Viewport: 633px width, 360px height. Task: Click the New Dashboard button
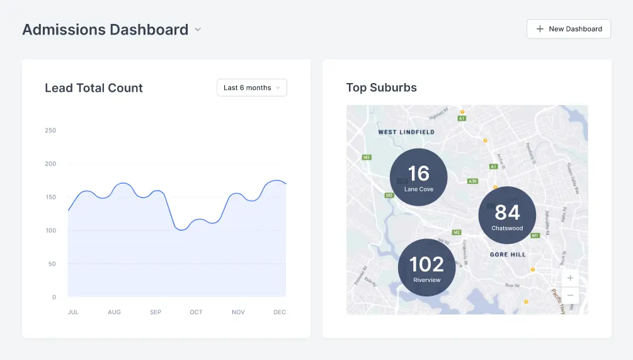pyautogui.click(x=568, y=29)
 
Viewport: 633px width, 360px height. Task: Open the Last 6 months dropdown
pyautogui.click(x=251, y=87)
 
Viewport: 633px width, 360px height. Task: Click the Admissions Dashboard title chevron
pyautogui.click(x=198, y=30)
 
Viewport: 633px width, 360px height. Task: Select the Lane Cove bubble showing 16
pyautogui.click(x=419, y=177)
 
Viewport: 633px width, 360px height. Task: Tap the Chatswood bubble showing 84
pyautogui.click(x=507, y=215)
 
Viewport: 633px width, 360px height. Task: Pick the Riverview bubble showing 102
pyautogui.click(x=427, y=267)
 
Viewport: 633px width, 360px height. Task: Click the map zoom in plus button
pyautogui.click(x=570, y=278)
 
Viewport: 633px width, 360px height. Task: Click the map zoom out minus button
pyautogui.click(x=570, y=295)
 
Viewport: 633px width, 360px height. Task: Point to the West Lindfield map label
pyautogui.click(x=406, y=132)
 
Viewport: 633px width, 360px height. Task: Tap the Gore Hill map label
pyautogui.click(x=508, y=254)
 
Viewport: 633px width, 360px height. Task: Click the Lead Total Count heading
pyautogui.click(x=94, y=88)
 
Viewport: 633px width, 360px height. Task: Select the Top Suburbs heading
pyautogui.click(x=382, y=87)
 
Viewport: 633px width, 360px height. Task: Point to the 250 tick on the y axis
pyautogui.click(x=50, y=130)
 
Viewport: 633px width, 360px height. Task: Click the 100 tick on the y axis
pyautogui.click(x=50, y=230)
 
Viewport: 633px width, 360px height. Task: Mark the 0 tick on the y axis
pyautogui.click(x=54, y=297)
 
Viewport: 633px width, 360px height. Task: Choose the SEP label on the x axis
pyautogui.click(x=156, y=312)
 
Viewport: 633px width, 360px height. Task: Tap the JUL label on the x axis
pyautogui.click(x=73, y=312)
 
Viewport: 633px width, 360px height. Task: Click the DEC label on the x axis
pyautogui.click(x=280, y=312)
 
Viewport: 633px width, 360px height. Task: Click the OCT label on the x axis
pyautogui.click(x=197, y=312)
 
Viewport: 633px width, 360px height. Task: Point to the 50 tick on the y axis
pyautogui.click(x=52, y=264)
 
